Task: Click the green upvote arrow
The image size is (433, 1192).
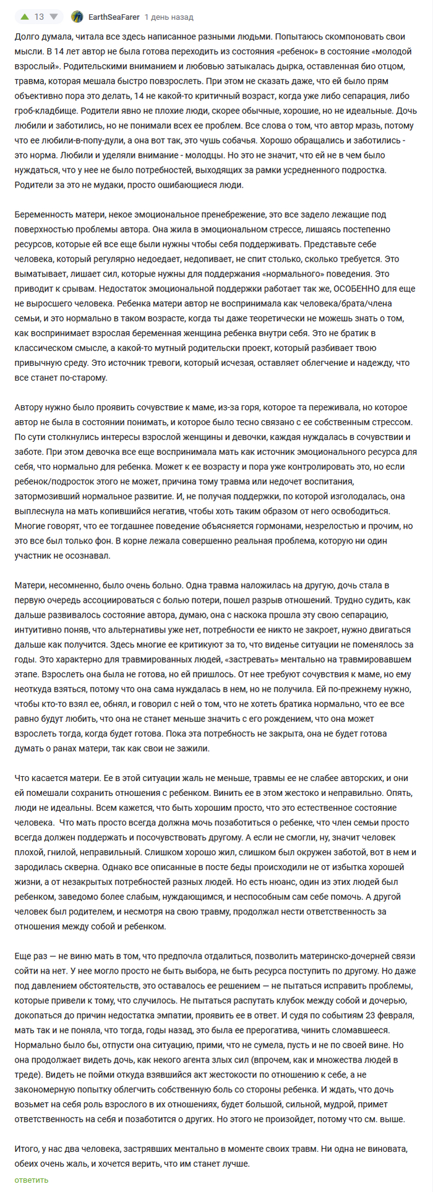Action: tap(24, 17)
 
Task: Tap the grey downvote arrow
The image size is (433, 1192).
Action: tap(53, 17)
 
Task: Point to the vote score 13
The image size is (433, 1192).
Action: tap(39, 17)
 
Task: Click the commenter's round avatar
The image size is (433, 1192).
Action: tap(77, 17)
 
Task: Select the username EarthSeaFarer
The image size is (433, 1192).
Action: tap(114, 17)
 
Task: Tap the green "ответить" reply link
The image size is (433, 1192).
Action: tap(31, 1180)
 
